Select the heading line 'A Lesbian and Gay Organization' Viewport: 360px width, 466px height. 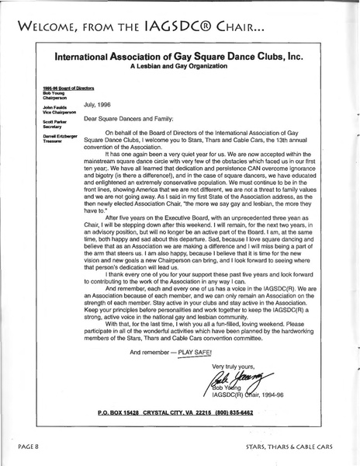(180, 75)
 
